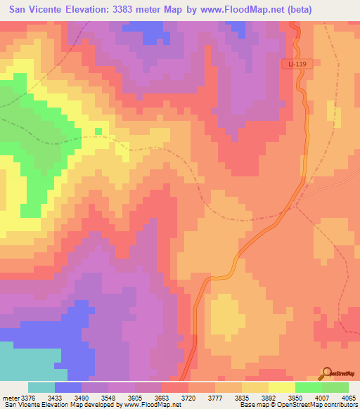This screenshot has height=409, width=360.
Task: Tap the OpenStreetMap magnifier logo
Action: coord(326,374)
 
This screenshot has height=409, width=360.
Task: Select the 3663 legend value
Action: coord(161,398)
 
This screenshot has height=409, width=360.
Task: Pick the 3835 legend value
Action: coord(242,398)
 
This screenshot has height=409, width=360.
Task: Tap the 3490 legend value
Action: coord(82,398)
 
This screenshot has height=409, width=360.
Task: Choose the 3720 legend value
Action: coord(188,398)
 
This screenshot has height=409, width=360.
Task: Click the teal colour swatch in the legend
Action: coord(41,387)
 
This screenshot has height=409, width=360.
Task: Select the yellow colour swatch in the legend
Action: coord(281,387)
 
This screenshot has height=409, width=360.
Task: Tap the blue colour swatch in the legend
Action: coord(68,387)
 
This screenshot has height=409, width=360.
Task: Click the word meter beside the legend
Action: coord(11,398)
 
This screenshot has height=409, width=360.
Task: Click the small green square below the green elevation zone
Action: coord(98,131)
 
